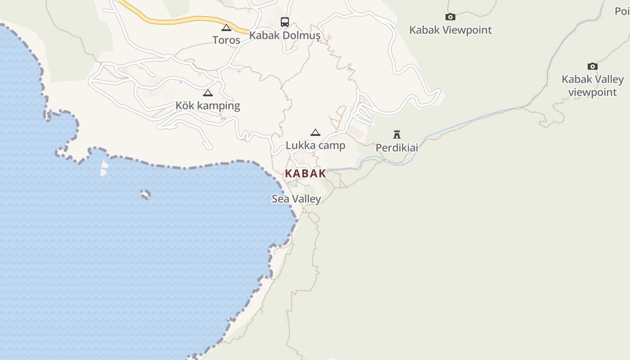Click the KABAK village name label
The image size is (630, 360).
(x=305, y=174)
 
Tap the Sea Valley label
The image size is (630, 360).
(x=296, y=199)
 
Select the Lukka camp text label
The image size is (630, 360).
(x=315, y=145)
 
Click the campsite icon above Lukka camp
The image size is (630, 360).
(x=315, y=132)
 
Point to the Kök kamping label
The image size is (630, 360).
(x=207, y=106)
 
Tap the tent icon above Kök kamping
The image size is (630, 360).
(x=207, y=93)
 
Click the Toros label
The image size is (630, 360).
(x=226, y=40)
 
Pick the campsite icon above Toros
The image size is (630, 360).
(x=226, y=27)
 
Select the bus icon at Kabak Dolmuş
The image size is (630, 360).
(x=285, y=22)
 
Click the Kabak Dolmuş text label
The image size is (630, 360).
(x=285, y=35)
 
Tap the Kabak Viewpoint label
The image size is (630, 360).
(x=450, y=30)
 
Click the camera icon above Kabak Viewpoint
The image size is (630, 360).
(x=450, y=17)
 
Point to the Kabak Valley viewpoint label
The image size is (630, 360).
(x=592, y=85)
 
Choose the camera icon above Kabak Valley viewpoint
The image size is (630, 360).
(x=593, y=67)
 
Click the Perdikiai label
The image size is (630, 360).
(x=396, y=148)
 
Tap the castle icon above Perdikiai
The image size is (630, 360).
(x=396, y=134)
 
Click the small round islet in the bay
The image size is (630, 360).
(x=145, y=194)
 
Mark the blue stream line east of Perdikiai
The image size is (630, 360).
(x=472, y=119)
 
